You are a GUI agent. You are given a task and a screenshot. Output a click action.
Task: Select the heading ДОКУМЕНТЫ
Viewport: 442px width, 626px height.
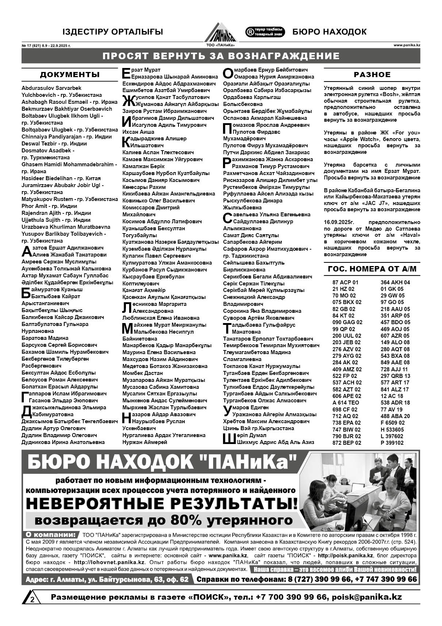coord(70,75)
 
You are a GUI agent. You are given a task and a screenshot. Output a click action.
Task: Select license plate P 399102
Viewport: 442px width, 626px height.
coord(392,443)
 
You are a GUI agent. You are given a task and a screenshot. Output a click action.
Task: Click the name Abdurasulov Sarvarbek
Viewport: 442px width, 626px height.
coord(51,88)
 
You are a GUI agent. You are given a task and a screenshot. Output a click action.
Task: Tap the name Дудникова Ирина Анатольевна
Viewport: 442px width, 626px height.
coord(63,442)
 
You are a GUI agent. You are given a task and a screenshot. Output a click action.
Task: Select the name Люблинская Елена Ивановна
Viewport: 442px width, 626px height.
coord(161,318)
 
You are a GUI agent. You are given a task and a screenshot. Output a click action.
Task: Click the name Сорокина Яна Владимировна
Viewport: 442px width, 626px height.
coord(262,311)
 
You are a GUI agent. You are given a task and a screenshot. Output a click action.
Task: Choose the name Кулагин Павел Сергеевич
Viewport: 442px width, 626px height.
coord(151,256)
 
